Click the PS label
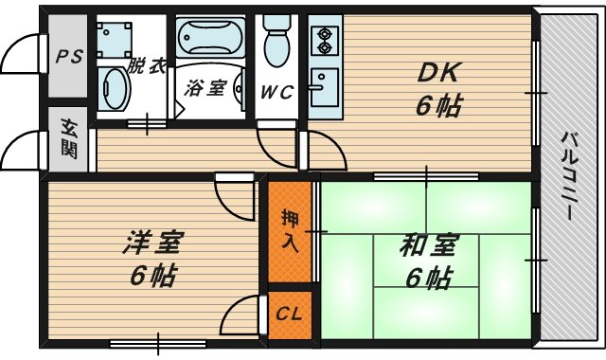pos(68,56)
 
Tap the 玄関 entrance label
pos(69,138)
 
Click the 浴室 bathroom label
pos(205,88)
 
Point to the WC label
pos(277,91)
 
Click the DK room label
pos(437,72)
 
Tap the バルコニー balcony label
pos(570,176)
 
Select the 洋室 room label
pos(151,243)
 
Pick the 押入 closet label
pos(291,229)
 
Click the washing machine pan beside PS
pos(119,38)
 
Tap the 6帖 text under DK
pos(437,105)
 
